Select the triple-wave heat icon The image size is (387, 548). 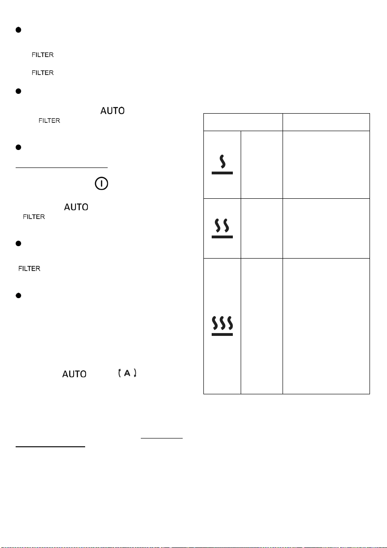pyautogui.click(x=222, y=326)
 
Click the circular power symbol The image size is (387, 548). pyautogui.click(x=101, y=184)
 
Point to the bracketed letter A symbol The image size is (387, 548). pyautogui.click(x=127, y=373)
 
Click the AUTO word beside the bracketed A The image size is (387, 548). pyautogui.click(x=74, y=374)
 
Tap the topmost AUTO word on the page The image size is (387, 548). pyautogui.click(x=113, y=110)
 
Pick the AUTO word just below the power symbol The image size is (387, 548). pyautogui.click(x=76, y=207)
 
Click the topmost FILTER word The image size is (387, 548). pyautogui.click(x=43, y=55)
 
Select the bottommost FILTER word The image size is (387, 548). pyautogui.click(x=29, y=268)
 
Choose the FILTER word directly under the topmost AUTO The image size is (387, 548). pyautogui.click(x=49, y=121)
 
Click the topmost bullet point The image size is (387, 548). pyautogui.click(x=18, y=30)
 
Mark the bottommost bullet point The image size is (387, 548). pyautogui.click(x=18, y=296)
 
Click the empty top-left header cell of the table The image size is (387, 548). pyautogui.click(x=243, y=122)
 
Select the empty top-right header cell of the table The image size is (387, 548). pyautogui.click(x=326, y=122)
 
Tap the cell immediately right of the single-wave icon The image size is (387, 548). pyautogui.click(x=262, y=165)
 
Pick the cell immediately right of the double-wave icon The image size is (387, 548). pyautogui.click(x=262, y=229)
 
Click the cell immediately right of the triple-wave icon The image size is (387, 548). pyautogui.click(x=262, y=326)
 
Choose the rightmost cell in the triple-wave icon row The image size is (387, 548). pyautogui.click(x=326, y=326)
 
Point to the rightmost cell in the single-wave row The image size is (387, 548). pyautogui.click(x=326, y=165)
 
